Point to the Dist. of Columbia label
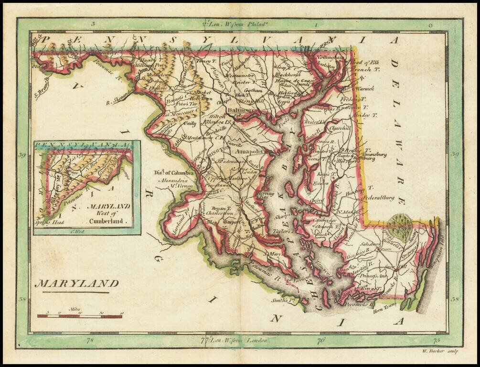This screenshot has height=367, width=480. [174, 173]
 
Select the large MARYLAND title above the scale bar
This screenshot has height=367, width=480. [76, 284]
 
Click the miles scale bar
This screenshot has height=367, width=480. [80, 316]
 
